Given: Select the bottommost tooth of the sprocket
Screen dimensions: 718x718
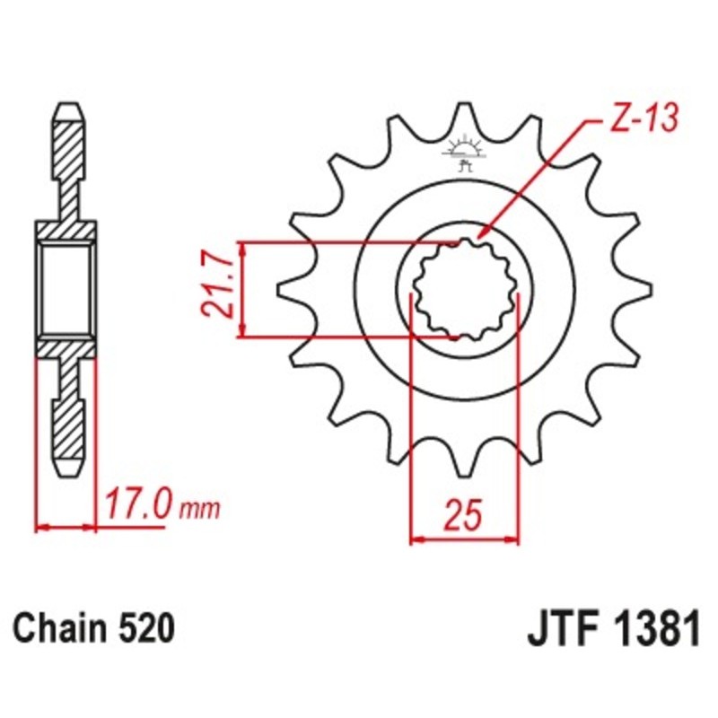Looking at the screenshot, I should click(x=465, y=462).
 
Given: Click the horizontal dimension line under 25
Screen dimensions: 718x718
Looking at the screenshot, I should click(x=465, y=540).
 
